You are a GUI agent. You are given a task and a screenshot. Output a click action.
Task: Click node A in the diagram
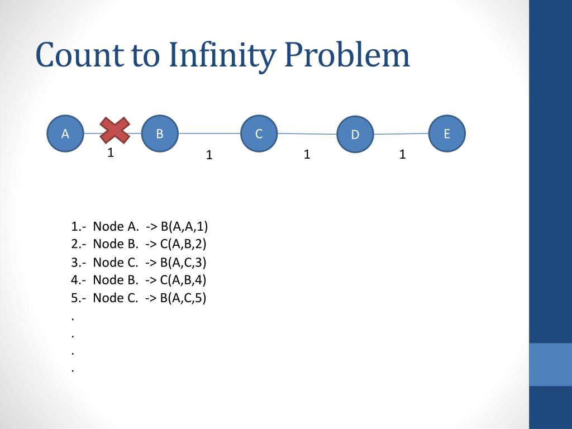click(65, 134)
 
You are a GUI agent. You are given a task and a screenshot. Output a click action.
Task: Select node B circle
click(160, 134)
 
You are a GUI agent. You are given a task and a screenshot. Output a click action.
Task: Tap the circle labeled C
click(259, 134)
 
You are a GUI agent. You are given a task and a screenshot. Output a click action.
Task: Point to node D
click(355, 135)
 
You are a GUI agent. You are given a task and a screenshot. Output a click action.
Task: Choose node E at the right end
click(447, 134)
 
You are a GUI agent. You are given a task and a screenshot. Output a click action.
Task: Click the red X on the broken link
click(115, 130)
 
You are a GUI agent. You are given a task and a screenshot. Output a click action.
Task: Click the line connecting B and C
click(209, 134)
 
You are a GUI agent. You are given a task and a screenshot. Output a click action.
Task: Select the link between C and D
click(307, 134)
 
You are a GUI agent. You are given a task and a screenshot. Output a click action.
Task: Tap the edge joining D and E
click(401, 134)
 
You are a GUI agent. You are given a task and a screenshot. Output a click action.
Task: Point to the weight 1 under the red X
click(111, 152)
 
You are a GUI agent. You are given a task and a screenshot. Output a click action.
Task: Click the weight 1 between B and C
click(209, 155)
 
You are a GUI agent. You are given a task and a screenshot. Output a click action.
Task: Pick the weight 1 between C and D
click(307, 154)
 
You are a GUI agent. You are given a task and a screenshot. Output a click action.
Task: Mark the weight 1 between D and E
click(402, 154)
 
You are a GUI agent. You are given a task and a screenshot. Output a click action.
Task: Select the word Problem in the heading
click(346, 56)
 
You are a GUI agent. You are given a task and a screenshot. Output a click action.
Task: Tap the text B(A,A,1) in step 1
click(184, 226)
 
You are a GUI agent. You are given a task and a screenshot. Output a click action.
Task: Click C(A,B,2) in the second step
click(184, 244)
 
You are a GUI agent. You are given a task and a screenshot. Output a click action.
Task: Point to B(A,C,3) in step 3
click(184, 263)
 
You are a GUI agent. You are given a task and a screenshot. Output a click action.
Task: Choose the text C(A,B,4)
click(184, 280)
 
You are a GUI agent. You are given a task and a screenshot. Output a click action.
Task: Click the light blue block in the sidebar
click(550, 364)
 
